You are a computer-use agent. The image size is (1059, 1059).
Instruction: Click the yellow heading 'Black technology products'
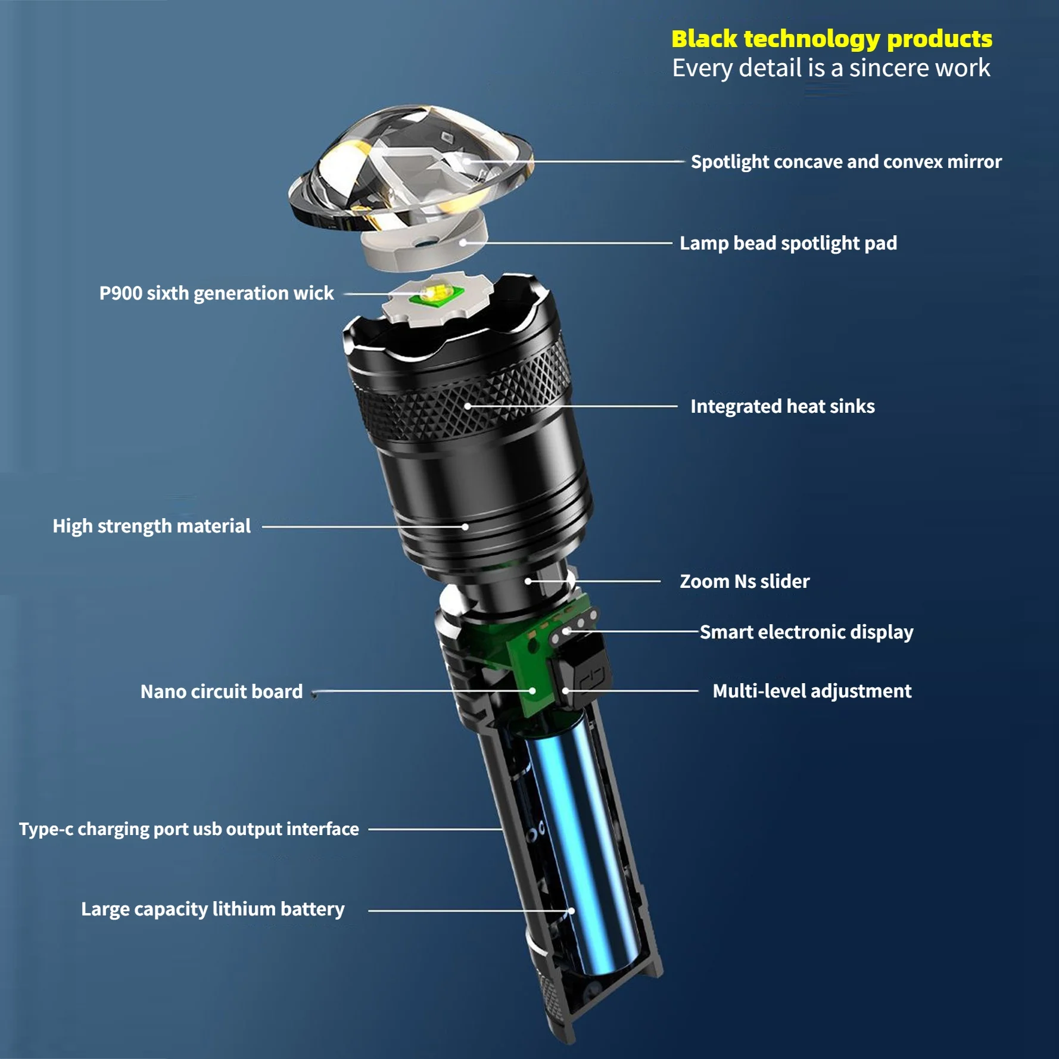[831, 39]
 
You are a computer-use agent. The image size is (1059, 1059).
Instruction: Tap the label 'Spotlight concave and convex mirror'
[846, 162]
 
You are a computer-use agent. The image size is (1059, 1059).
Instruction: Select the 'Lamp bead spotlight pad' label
[788, 243]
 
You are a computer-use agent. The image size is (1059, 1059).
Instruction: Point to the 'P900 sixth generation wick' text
[216, 293]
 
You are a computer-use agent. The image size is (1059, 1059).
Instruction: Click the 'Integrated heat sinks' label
[782, 406]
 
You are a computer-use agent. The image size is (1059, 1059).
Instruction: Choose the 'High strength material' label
[151, 526]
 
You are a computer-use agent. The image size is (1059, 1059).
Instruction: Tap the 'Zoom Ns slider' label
[745, 581]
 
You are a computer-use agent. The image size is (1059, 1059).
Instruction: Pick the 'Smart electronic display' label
[806, 632]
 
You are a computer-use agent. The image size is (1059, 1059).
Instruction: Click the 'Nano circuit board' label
[221, 692]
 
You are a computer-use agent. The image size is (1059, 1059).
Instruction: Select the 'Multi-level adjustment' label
[811, 691]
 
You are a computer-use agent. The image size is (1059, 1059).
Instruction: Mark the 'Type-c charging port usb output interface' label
[189, 829]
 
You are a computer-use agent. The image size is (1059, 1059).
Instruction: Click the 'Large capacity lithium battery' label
[213, 909]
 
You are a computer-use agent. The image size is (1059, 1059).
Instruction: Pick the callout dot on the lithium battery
[571, 911]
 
